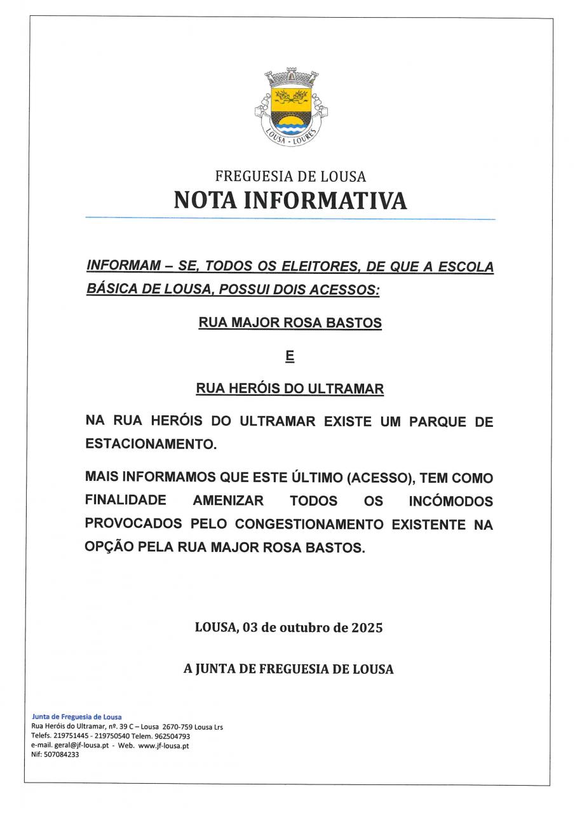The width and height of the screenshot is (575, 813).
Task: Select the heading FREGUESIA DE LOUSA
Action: [290, 177]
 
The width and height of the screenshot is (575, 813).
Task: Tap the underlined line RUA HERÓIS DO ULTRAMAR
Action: [290, 389]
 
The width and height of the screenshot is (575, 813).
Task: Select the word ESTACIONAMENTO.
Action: [150, 445]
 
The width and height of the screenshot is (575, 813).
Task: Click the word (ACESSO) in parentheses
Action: [375, 478]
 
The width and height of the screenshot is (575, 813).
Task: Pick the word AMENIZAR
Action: [227, 501]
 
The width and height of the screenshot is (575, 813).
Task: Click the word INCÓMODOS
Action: [451, 501]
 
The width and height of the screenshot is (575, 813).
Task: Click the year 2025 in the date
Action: [367, 628]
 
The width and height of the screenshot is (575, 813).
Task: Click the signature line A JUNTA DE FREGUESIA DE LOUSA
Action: [288, 669]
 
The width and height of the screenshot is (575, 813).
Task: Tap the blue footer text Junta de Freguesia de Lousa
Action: [76, 716]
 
